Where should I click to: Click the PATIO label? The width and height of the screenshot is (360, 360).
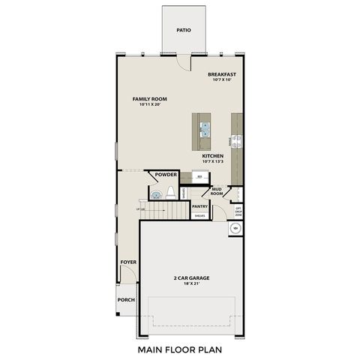pyautogui.click(x=184, y=31)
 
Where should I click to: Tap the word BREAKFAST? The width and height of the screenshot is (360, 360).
pyautogui.click(x=223, y=74)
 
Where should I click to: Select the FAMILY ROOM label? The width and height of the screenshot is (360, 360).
pyautogui.click(x=149, y=99)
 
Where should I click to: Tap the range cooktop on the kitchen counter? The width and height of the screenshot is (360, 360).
pyautogui.click(x=237, y=139)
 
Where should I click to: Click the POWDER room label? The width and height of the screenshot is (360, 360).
pyautogui.click(x=165, y=175)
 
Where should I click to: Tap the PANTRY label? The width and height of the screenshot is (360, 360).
pyautogui.click(x=199, y=205)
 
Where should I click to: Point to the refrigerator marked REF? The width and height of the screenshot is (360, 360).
pyautogui.click(x=199, y=177)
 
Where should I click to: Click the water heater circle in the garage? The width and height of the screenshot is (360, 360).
pyautogui.click(x=236, y=227)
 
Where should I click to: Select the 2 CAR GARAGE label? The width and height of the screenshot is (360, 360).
pyautogui.click(x=191, y=277)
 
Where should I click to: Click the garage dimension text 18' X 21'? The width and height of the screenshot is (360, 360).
pyautogui.click(x=191, y=283)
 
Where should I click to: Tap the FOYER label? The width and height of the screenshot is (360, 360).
pyautogui.click(x=127, y=262)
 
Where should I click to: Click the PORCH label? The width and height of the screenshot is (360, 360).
pyautogui.click(x=126, y=300)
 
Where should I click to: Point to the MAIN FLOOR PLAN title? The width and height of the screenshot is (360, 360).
pyautogui.click(x=180, y=349)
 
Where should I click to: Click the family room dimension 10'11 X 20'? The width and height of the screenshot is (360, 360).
pyautogui.click(x=149, y=105)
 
